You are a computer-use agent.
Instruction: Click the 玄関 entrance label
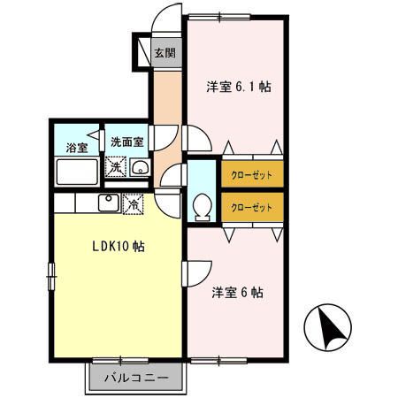165,52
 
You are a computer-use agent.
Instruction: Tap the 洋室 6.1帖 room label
239,87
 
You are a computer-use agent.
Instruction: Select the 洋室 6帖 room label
236,292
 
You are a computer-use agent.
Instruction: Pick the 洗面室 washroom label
126,142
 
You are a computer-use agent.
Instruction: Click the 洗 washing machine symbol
115,166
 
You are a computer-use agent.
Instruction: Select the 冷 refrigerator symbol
133,202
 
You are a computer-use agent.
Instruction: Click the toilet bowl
201,205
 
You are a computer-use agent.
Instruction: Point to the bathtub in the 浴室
78,171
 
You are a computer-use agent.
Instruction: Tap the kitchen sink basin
108,203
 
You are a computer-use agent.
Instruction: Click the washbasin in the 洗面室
139,168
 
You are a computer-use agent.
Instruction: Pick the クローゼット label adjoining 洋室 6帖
252,208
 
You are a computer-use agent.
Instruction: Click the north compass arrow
325,329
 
